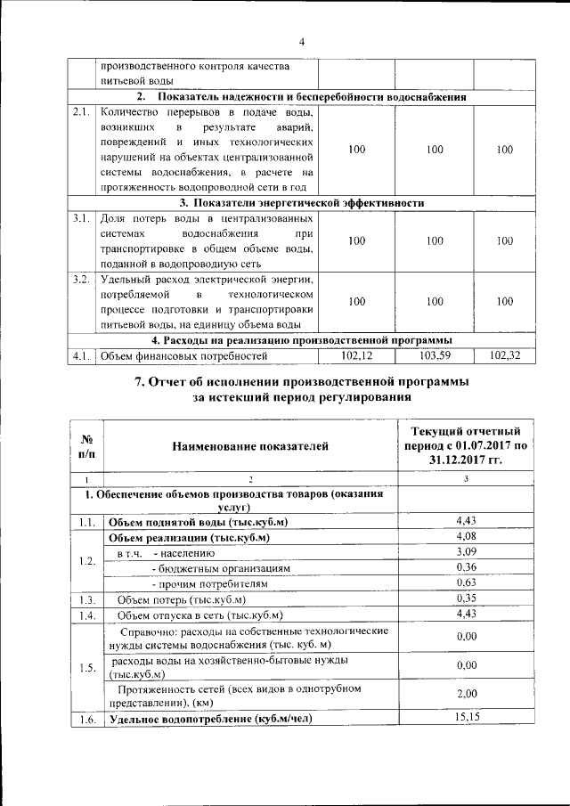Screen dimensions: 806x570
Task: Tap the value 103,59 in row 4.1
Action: coord(435,355)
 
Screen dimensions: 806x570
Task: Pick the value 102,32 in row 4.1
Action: coord(505,355)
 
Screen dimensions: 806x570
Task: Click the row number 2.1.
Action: coord(81,112)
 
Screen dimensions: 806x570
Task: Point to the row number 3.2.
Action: coord(81,279)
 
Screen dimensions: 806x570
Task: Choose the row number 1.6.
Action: coord(86,720)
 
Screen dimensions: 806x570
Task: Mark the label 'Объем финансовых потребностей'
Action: coord(184,356)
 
